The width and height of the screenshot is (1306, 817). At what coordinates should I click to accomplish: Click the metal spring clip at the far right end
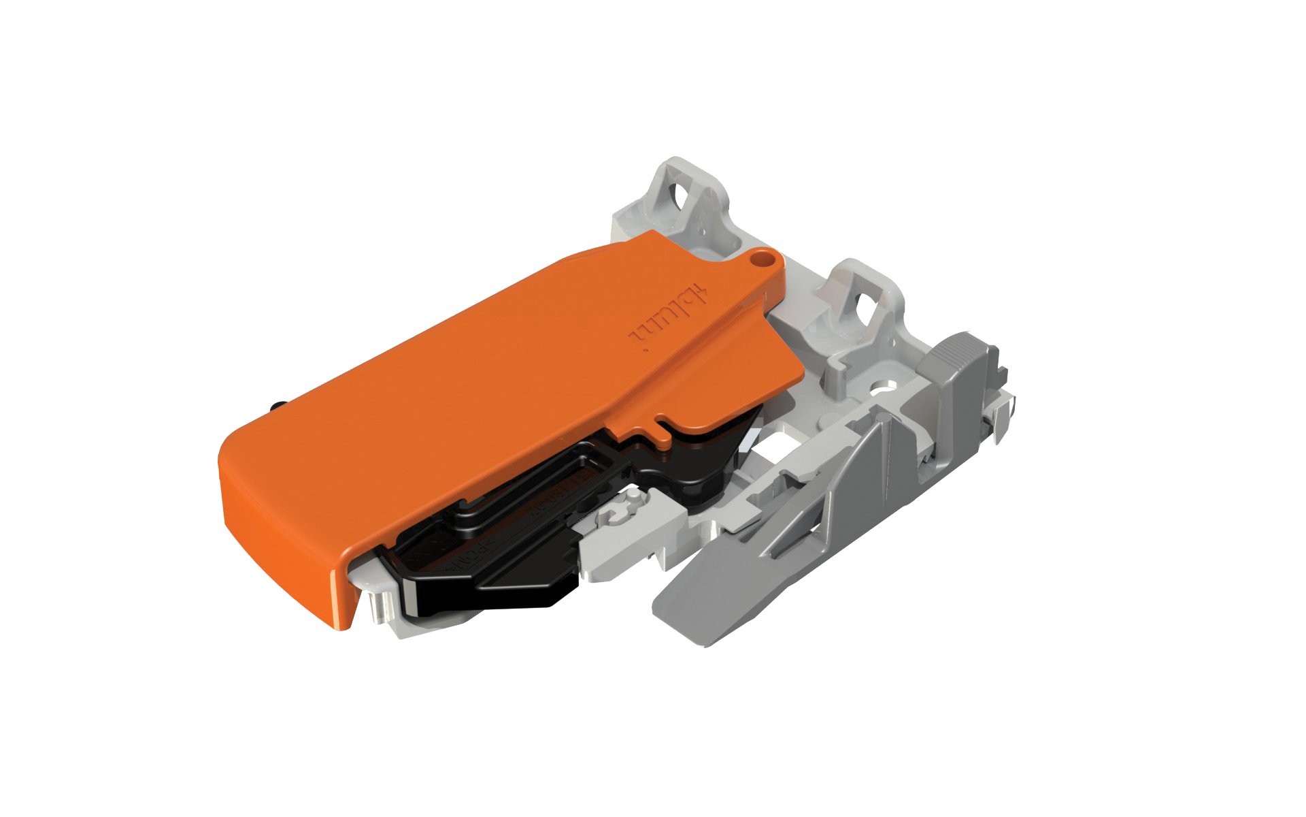1000,415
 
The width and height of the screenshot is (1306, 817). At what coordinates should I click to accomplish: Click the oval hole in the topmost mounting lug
680,197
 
